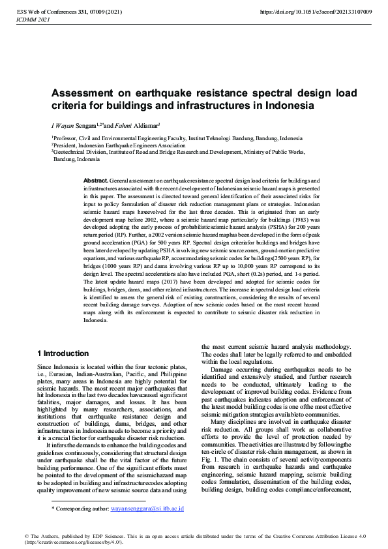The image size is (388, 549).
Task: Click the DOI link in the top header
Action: pos(316,12)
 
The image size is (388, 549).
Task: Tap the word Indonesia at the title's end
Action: pos(287,105)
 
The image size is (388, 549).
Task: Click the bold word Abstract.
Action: pos(95,179)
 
